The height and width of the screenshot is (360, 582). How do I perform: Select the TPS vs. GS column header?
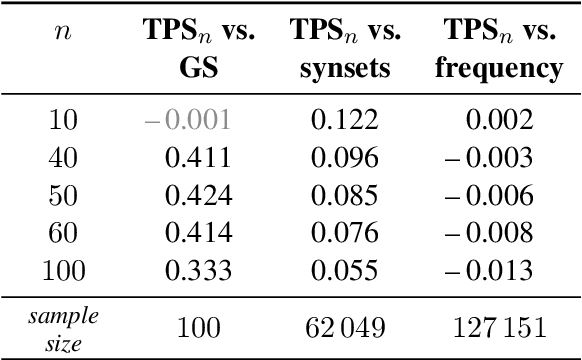pyautogui.click(x=198, y=50)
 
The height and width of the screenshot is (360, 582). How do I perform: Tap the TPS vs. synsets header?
pyautogui.click(x=347, y=50)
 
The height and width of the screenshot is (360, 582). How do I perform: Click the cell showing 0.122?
pyautogui.click(x=345, y=121)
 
